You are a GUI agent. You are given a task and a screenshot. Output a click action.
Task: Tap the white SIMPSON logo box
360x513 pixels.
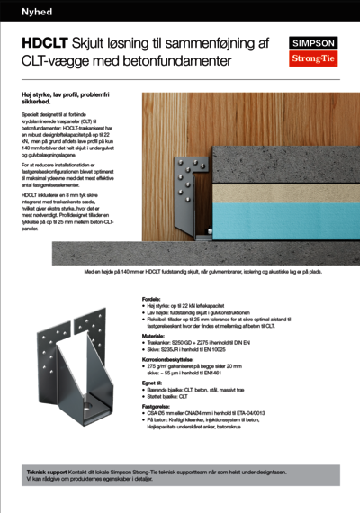pyautogui.click(x=310, y=42)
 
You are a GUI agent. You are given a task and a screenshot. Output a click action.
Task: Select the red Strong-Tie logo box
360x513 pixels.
pyautogui.click(x=310, y=59)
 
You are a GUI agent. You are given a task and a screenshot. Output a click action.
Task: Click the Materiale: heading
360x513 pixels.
pyautogui.click(x=159, y=335)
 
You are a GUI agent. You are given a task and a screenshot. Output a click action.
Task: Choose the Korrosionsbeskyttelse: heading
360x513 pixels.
pyautogui.click(x=175, y=357)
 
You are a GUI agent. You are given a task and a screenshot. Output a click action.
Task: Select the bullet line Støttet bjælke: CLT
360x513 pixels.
pyautogui.click(x=180, y=396)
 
